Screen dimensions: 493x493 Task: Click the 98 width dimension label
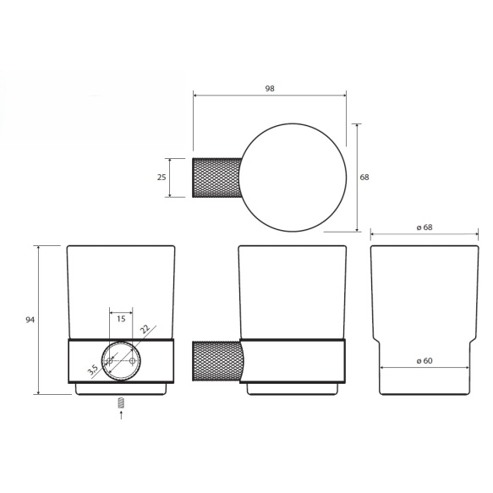point(270,89)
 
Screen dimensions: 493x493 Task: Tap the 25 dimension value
point(162,178)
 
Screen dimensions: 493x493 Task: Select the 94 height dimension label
point(30,320)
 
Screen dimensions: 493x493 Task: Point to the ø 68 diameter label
point(425,227)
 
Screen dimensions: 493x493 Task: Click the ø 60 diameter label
point(425,360)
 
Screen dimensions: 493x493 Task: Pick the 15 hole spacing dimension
point(121,319)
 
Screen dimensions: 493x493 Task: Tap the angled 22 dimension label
point(145,329)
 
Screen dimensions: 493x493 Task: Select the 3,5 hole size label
point(93,370)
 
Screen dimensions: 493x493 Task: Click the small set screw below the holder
point(121,403)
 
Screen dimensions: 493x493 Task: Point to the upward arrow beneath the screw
point(121,414)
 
